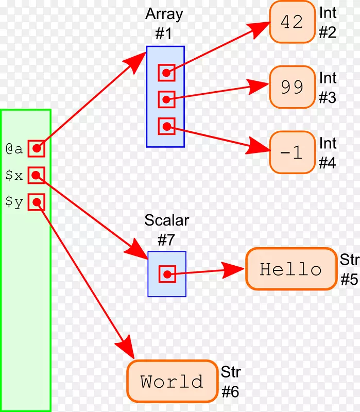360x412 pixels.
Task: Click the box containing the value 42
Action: [x=292, y=22]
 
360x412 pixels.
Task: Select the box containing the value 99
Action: [x=292, y=87]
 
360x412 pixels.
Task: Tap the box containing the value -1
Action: [x=292, y=152]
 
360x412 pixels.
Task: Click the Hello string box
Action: [x=290, y=269]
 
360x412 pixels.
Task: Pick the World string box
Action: [x=172, y=381]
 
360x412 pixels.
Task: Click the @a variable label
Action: [x=14, y=149]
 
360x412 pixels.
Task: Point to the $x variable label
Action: [x=14, y=176]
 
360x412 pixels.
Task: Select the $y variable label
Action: [x=14, y=202]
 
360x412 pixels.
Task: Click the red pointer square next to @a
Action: [x=36, y=149]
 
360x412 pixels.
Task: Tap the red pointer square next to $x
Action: [x=36, y=176]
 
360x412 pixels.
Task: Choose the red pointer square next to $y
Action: [x=36, y=202]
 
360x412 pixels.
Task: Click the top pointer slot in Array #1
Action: [x=166, y=73]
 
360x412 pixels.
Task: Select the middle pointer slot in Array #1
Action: [x=166, y=99]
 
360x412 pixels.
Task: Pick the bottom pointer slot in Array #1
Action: [x=166, y=126]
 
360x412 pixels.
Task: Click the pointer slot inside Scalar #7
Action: [x=167, y=273]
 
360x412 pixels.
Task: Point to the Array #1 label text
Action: [x=165, y=23]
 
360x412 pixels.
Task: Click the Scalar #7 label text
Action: [x=166, y=230]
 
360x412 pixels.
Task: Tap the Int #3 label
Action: [x=328, y=88]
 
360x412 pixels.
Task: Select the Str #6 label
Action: [x=230, y=382]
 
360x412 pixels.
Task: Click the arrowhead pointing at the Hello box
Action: [x=234, y=269]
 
